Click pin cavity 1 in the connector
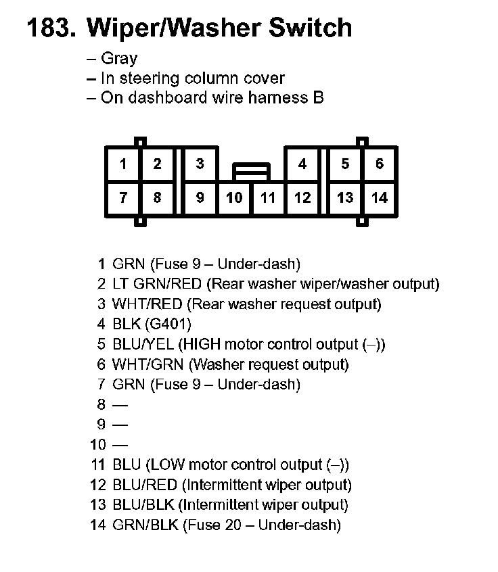pyautogui.click(x=123, y=164)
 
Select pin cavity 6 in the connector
pyautogui.click(x=380, y=164)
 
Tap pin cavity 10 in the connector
pyautogui.click(x=234, y=198)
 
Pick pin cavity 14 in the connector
pyautogui.click(x=380, y=198)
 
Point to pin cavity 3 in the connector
pyautogui.click(x=200, y=164)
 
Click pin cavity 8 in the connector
pyautogui.click(x=158, y=198)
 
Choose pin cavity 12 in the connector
pyautogui.click(x=302, y=198)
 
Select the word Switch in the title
pyautogui.click(x=311, y=28)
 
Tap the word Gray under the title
pyautogui.click(x=119, y=59)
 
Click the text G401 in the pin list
pyautogui.click(x=168, y=324)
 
